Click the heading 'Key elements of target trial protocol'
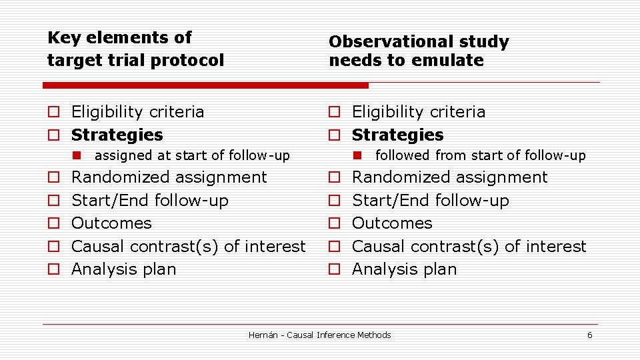(135, 49)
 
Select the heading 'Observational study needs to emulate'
(418, 51)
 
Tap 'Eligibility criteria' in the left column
(137, 112)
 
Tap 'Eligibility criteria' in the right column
(418, 112)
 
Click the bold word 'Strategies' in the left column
(117, 135)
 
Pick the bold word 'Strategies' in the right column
(397, 135)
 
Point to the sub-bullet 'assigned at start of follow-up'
(192, 156)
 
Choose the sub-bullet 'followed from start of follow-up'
(480, 156)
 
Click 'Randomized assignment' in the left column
(169, 177)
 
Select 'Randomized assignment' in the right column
(449, 177)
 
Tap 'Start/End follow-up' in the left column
(149, 201)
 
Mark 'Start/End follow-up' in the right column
(430, 201)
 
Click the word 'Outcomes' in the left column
(111, 223)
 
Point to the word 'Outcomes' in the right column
(392, 223)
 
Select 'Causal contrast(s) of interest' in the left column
(188, 246)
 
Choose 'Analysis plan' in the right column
(404, 269)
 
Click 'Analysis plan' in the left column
(123, 269)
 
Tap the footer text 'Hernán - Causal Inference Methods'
(319, 335)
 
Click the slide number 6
(589, 335)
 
